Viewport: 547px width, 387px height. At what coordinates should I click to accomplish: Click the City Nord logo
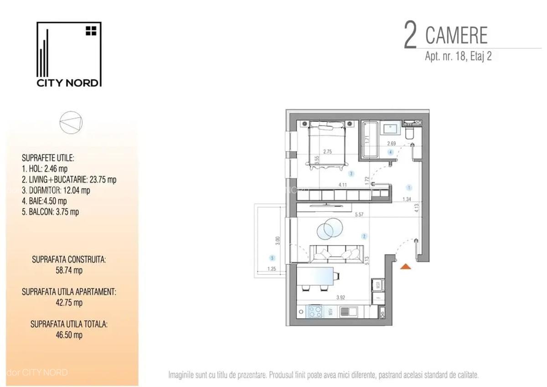click(x=68, y=54)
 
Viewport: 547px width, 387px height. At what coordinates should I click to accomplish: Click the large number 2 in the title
click(x=410, y=36)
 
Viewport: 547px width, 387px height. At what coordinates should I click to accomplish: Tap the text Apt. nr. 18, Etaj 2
click(x=458, y=57)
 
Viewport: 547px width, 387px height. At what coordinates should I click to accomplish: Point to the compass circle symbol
click(x=72, y=122)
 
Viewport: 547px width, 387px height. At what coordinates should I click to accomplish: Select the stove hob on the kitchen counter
click(x=315, y=312)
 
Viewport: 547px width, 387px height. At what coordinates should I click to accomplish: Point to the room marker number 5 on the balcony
click(x=272, y=257)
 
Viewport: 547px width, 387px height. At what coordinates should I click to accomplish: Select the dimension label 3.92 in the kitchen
click(x=340, y=298)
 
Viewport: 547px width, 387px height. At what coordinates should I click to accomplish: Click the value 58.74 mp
click(x=69, y=270)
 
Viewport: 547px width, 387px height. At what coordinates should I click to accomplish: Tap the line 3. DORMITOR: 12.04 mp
click(x=56, y=191)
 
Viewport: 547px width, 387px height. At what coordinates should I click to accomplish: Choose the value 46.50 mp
click(x=69, y=335)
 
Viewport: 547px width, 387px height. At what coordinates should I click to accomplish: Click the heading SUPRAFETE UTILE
click(x=48, y=158)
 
